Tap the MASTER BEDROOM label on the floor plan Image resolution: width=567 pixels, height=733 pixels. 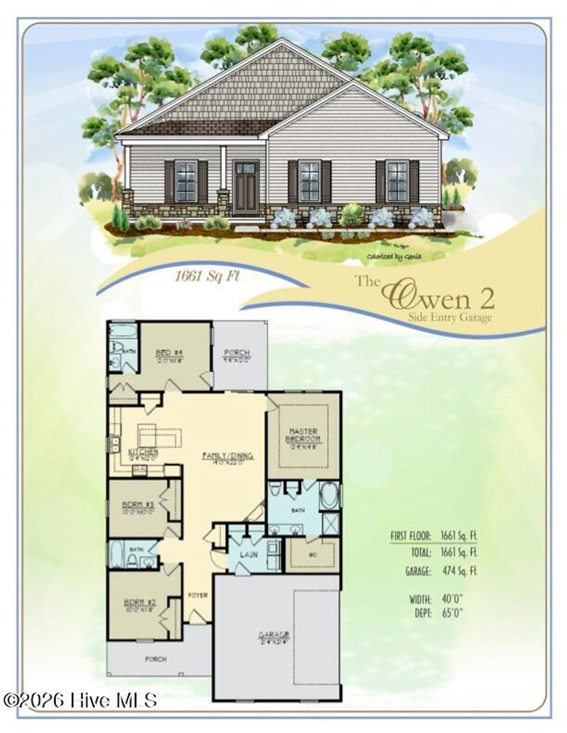[302, 435]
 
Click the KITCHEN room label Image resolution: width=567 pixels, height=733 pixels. [143, 452]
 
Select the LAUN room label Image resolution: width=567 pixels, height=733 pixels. [246, 554]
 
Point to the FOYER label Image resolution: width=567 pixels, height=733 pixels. [198, 595]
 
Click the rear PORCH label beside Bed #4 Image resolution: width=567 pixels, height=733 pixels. [236, 352]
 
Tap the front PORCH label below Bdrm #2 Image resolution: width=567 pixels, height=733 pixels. [156, 659]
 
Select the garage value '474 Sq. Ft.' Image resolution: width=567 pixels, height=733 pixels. [459, 571]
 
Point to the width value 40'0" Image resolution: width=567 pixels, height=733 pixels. [452, 599]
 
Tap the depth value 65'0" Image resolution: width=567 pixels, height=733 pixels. [452, 612]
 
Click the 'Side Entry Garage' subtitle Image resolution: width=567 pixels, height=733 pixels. [449, 318]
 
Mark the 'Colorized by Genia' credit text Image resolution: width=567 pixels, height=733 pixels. [394, 256]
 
